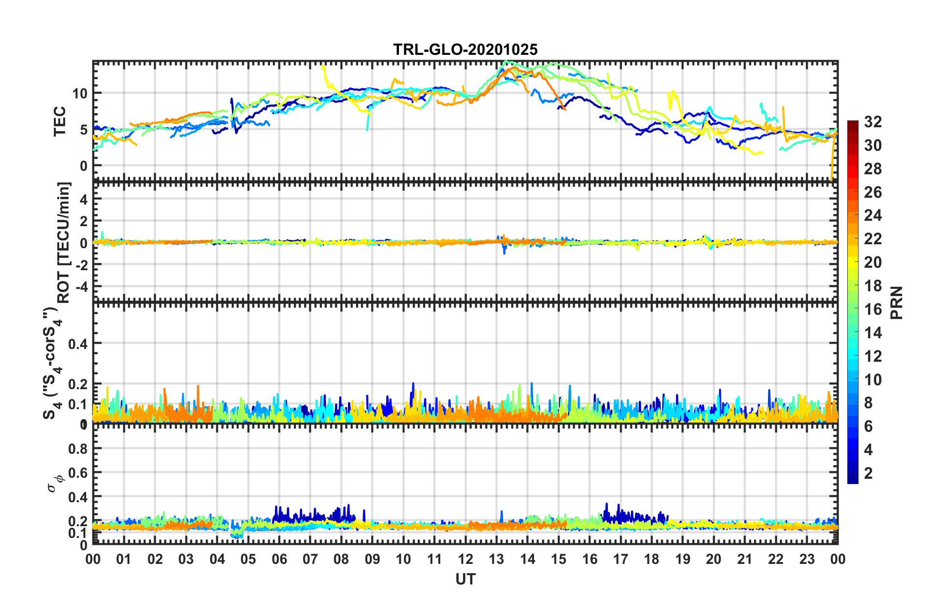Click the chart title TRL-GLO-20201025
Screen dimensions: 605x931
tap(465, 49)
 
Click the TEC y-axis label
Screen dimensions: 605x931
tap(60, 121)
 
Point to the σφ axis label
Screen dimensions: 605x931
tap(55, 482)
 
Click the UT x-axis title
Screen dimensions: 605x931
tap(465, 580)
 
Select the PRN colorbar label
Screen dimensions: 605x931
tap(897, 303)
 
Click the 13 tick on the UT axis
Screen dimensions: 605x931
tap(496, 559)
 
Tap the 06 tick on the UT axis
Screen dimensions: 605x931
tap(279, 559)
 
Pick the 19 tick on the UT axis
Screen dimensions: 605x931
tap(682, 559)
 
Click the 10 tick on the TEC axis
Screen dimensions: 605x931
tap(80, 93)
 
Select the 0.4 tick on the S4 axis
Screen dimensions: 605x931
tap(78, 344)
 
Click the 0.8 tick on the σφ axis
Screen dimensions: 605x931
tap(79, 449)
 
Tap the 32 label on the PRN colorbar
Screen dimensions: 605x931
tap(872, 122)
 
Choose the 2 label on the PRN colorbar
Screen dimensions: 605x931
tap(868, 473)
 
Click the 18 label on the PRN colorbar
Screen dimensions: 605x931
tap(872, 286)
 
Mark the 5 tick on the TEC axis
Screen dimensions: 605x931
tap(84, 130)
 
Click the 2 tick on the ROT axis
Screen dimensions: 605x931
tap(84, 221)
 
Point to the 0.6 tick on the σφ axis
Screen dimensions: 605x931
tap(79, 473)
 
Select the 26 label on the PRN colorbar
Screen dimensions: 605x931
tap(872, 192)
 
